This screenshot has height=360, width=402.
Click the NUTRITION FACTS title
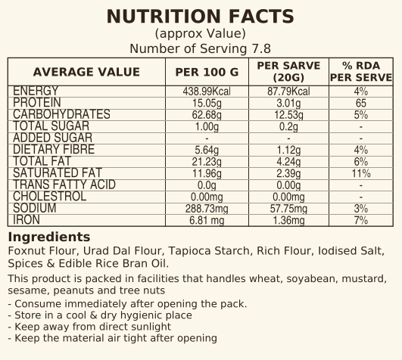pyautogui.click(x=200, y=17)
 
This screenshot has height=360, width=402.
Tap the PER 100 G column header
pyautogui.click(x=207, y=72)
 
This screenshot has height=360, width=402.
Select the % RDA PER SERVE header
pyautogui.click(x=361, y=71)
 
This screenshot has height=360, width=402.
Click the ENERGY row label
pyautogui.click(x=36, y=92)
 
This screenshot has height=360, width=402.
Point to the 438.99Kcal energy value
pyautogui.click(x=207, y=92)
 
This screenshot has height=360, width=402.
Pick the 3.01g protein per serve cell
pyautogui.click(x=288, y=103)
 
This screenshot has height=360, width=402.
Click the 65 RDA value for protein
pyautogui.click(x=361, y=103)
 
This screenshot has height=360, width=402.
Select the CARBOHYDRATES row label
pyautogui.click(x=61, y=114)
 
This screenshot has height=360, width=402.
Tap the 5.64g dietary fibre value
pyautogui.click(x=207, y=150)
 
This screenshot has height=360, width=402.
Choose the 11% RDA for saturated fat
pyautogui.click(x=361, y=173)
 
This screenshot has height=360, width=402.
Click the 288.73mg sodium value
pyautogui.click(x=207, y=209)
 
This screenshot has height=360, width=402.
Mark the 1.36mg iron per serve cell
pyautogui.click(x=288, y=220)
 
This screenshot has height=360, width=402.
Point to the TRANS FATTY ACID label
pyautogui.click(x=64, y=185)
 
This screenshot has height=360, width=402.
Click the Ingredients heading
pyautogui.click(x=49, y=237)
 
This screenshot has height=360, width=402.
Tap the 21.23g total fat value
pyautogui.click(x=207, y=162)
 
